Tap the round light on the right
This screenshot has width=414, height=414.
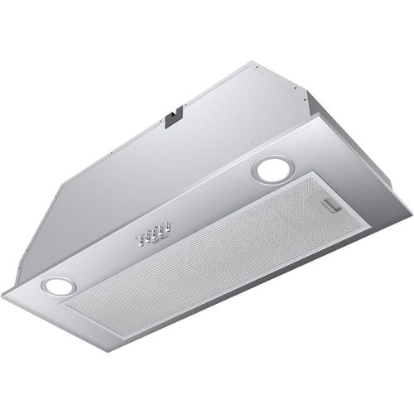(269, 170)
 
